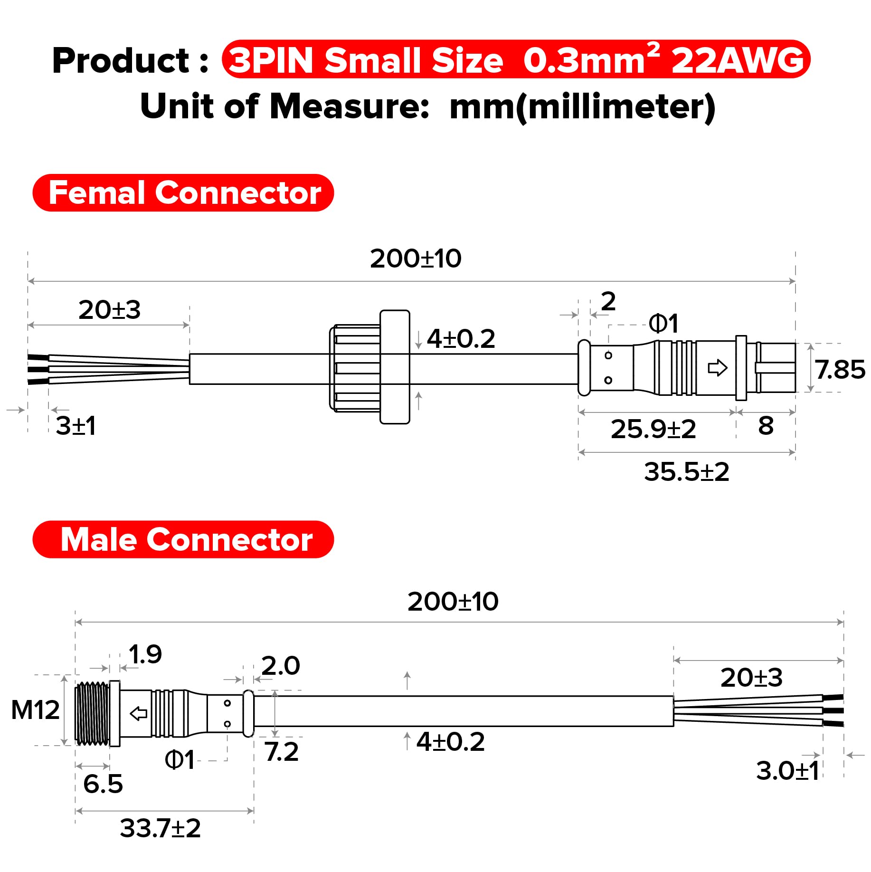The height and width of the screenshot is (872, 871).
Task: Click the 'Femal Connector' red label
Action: [183, 193]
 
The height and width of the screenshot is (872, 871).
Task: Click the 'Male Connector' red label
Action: [183, 539]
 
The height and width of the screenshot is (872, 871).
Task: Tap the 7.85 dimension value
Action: [840, 369]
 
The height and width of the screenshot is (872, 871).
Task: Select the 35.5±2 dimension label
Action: [686, 472]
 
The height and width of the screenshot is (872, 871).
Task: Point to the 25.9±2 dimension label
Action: [653, 429]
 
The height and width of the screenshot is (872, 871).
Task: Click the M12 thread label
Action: [35, 710]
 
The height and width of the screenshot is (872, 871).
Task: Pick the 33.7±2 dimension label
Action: [161, 828]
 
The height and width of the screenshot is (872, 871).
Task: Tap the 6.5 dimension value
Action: [103, 784]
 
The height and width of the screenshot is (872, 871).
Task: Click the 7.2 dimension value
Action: [282, 752]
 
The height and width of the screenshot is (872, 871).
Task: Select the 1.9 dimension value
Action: [145, 654]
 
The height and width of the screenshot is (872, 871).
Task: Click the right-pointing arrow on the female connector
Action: [717, 367]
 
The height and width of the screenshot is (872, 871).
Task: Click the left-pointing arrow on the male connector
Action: [139, 713]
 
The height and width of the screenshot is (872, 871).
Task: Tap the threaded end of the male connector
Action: [92, 713]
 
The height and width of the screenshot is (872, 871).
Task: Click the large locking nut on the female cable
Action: [370, 367]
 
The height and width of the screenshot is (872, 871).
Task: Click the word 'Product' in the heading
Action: [121, 61]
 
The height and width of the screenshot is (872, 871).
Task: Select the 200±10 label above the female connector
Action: [416, 259]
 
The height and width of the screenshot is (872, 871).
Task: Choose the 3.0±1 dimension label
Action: [787, 770]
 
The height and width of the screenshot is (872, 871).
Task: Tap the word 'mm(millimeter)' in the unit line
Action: [582, 107]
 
